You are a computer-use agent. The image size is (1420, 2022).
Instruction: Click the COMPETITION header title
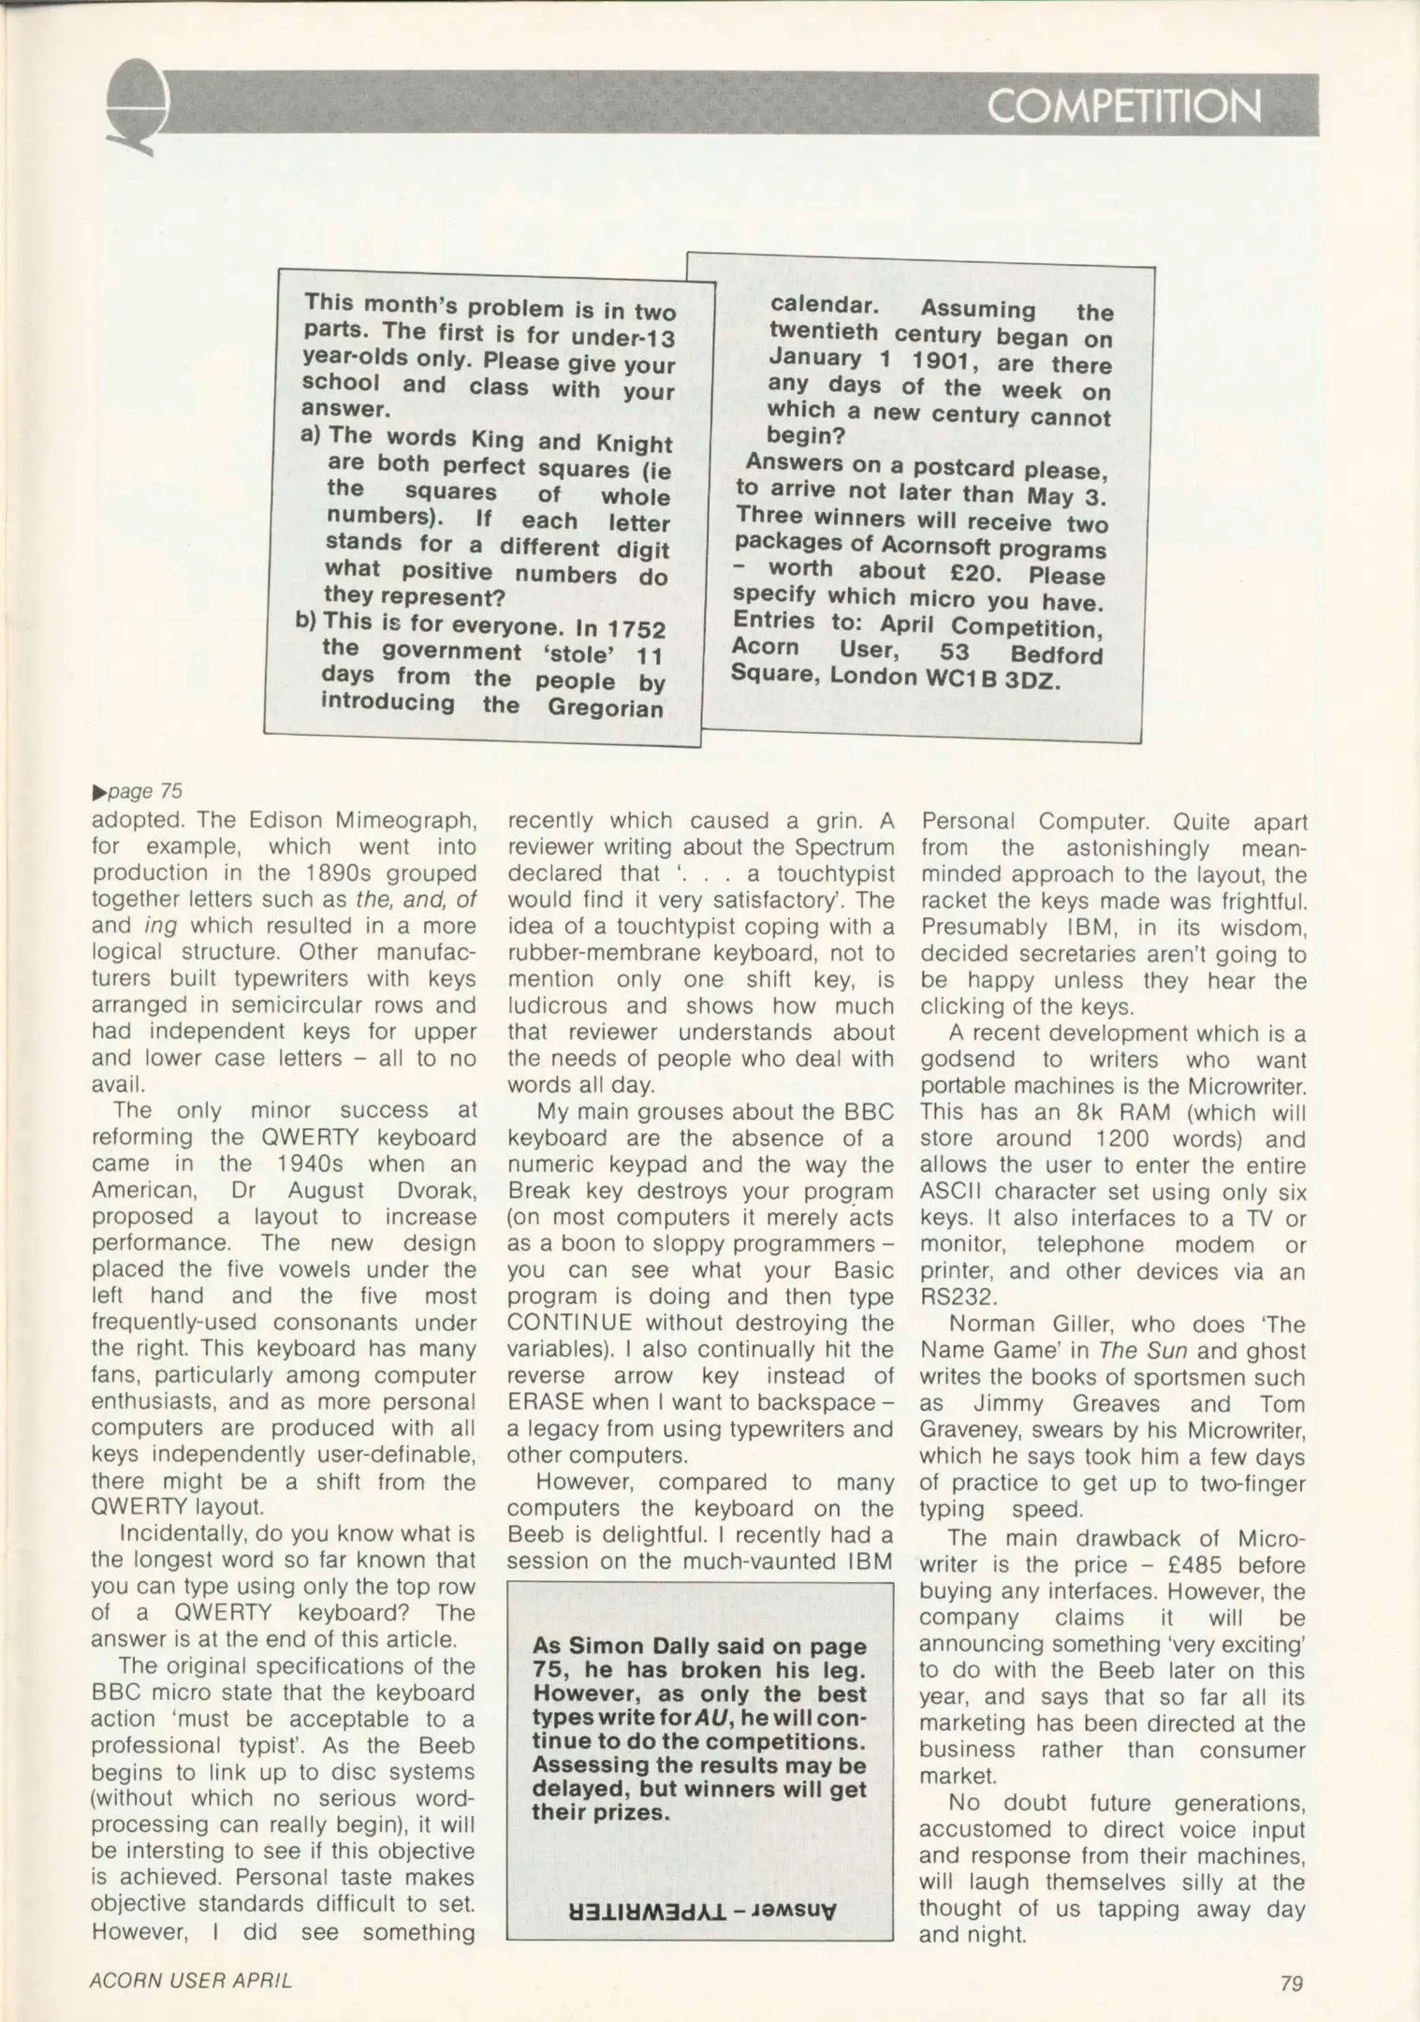pos(1123,107)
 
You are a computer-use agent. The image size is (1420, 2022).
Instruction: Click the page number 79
pos(1292,1982)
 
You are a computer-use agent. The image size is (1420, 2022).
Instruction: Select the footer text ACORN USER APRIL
pos(191,1980)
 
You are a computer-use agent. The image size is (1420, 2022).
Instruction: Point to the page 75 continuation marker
pos(138,791)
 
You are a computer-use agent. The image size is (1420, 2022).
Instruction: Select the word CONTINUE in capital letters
pos(569,1323)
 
